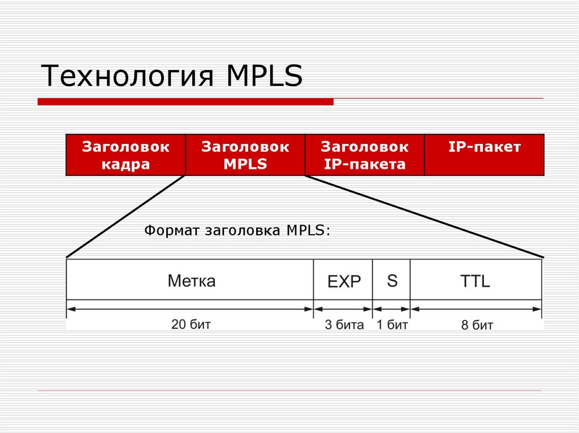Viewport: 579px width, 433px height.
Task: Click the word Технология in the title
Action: [x=129, y=76]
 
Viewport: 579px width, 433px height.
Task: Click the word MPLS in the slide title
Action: [x=265, y=76]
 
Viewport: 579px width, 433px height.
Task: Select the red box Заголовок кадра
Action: [x=126, y=155]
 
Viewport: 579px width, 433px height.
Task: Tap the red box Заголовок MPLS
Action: [x=245, y=155]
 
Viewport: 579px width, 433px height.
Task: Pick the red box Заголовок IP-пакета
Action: [x=364, y=155]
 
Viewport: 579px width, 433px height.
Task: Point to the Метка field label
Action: [x=191, y=281]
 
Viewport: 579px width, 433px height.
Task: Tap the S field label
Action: [x=392, y=281]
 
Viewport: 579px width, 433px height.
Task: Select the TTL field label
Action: [x=475, y=281]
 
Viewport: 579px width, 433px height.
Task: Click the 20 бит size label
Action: [x=191, y=325]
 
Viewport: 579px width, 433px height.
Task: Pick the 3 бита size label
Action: [x=344, y=325]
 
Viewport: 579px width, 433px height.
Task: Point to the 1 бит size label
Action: [x=392, y=325]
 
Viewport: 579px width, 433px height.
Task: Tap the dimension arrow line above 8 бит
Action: [x=476, y=309]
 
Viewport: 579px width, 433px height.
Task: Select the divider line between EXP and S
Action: [x=373, y=279]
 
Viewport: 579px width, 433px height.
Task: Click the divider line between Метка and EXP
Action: [x=314, y=279]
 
